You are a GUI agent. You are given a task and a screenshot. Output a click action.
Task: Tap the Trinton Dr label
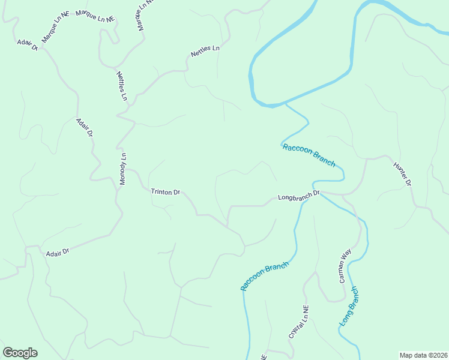click(165, 192)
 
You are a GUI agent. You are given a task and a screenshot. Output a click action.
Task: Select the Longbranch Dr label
click(300, 196)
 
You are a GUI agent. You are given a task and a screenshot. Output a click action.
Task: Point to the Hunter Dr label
click(402, 174)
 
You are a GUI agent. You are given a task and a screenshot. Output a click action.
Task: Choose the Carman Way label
click(345, 268)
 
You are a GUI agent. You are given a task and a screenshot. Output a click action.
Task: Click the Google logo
click(20, 352)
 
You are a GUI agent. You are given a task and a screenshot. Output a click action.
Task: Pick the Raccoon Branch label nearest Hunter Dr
click(309, 155)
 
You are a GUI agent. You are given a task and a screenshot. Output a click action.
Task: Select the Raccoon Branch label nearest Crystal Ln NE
click(265, 276)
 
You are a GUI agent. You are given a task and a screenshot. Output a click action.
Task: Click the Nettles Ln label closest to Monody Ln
click(122, 86)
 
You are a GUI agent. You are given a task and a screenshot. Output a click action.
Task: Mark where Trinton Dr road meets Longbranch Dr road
click(228, 226)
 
